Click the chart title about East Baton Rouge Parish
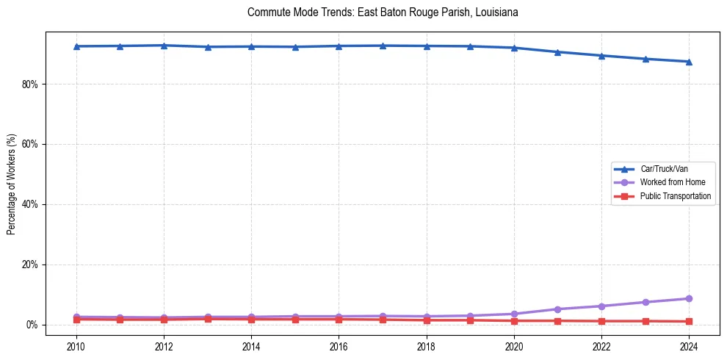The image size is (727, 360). pyautogui.click(x=383, y=12)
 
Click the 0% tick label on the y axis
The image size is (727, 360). pyautogui.click(x=32, y=325)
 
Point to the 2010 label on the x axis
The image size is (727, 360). pyautogui.click(x=76, y=346)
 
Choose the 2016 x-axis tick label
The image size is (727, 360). pyautogui.click(x=339, y=346)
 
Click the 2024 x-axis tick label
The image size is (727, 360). pyautogui.click(x=689, y=346)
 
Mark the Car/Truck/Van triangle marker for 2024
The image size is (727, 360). pyautogui.click(x=689, y=62)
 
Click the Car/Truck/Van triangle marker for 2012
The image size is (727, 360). pyautogui.click(x=164, y=46)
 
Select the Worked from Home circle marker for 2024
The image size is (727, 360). pyautogui.click(x=689, y=298)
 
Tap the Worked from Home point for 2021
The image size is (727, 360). pyautogui.click(x=557, y=309)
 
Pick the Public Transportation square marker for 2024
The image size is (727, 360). pyautogui.click(x=689, y=321)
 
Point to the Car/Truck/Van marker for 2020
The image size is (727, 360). pyautogui.click(x=514, y=48)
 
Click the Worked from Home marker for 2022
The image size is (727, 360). pyautogui.click(x=601, y=306)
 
